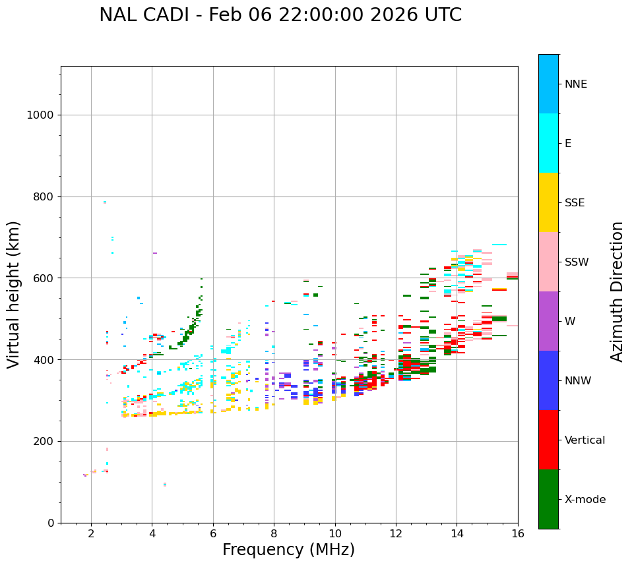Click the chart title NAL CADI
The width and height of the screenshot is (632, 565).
[x=280, y=15]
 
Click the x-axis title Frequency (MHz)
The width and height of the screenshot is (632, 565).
[x=288, y=550]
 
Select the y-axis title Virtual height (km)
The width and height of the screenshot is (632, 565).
[x=15, y=294]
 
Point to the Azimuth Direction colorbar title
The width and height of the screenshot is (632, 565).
[x=617, y=291]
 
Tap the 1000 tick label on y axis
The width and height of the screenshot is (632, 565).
[x=40, y=115]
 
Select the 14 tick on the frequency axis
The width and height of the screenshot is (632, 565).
[x=457, y=533]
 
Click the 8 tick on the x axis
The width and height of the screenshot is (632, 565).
[x=274, y=533]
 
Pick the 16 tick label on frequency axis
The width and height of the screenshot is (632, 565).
[x=518, y=533]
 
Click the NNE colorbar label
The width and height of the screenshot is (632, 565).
[x=575, y=84]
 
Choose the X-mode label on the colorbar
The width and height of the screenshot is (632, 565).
[x=585, y=500]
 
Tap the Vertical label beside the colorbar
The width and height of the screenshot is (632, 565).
[x=585, y=440]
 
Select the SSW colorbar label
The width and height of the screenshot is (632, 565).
[x=577, y=262]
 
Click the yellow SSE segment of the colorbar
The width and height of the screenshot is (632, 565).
[x=548, y=202]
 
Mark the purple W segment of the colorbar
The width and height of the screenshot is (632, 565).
[x=548, y=321]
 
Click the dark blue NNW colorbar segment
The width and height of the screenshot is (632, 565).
[x=548, y=380]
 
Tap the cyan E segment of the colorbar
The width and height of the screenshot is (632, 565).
[x=548, y=143]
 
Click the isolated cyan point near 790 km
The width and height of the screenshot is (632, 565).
[x=105, y=202]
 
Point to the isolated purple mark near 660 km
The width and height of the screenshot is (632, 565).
[x=155, y=253]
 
